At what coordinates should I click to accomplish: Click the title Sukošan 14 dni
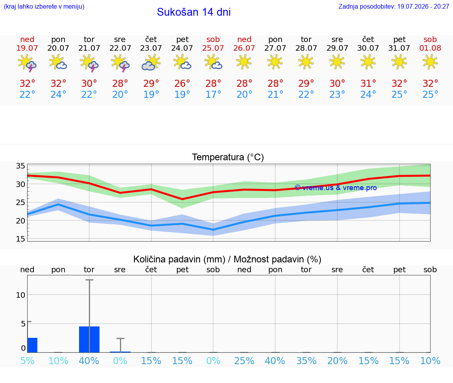193,12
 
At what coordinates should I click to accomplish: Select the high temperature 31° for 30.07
368,83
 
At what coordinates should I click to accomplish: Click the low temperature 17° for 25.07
213,94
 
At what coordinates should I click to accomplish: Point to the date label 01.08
430,48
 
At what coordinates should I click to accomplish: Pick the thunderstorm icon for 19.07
27,63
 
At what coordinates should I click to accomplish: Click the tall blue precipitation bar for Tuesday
89,339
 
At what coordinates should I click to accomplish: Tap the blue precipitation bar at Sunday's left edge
32,345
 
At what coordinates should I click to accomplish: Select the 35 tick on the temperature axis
20,166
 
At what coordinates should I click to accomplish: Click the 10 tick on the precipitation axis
20,295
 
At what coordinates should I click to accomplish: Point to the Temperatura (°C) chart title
228,157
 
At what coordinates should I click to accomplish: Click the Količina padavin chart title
227,260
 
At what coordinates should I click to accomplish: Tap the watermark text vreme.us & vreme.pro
336,188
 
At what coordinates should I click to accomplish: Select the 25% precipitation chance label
244,361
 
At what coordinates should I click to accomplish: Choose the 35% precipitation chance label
306,361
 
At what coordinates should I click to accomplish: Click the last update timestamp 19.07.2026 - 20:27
423,7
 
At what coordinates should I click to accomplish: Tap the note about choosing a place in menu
44,7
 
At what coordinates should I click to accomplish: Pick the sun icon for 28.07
306,62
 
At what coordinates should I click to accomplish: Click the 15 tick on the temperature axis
20,239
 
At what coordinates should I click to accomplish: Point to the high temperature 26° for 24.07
182,83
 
